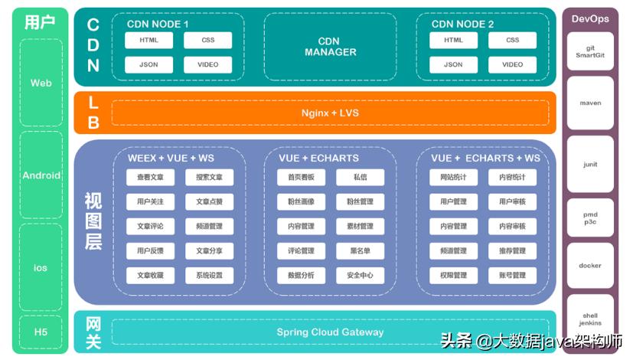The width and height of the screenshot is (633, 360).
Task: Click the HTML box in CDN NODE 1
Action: click(x=149, y=41)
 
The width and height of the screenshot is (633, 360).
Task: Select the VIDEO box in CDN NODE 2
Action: click(x=513, y=64)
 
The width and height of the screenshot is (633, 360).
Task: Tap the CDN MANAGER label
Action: click(x=330, y=47)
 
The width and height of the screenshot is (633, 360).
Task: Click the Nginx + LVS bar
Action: click(x=330, y=113)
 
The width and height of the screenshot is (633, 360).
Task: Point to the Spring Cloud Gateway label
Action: click(x=330, y=332)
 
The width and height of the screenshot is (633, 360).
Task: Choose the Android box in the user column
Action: click(x=41, y=175)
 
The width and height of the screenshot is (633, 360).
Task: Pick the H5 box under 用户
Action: click(x=41, y=332)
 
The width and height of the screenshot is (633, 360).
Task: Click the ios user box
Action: click(x=41, y=268)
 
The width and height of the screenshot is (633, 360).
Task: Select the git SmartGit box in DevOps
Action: click(x=590, y=51)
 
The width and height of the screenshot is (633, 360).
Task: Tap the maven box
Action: click(x=590, y=103)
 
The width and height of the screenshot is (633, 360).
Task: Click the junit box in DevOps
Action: click(x=590, y=165)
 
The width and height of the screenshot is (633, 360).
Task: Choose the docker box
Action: click(x=590, y=266)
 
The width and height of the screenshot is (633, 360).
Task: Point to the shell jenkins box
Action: click(x=590, y=319)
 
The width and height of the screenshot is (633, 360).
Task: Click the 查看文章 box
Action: click(x=150, y=178)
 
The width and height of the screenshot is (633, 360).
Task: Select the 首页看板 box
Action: click(x=301, y=178)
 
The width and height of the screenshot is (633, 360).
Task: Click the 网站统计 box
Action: click(x=453, y=178)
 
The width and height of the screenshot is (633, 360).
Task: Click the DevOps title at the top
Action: click(x=590, y=18)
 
